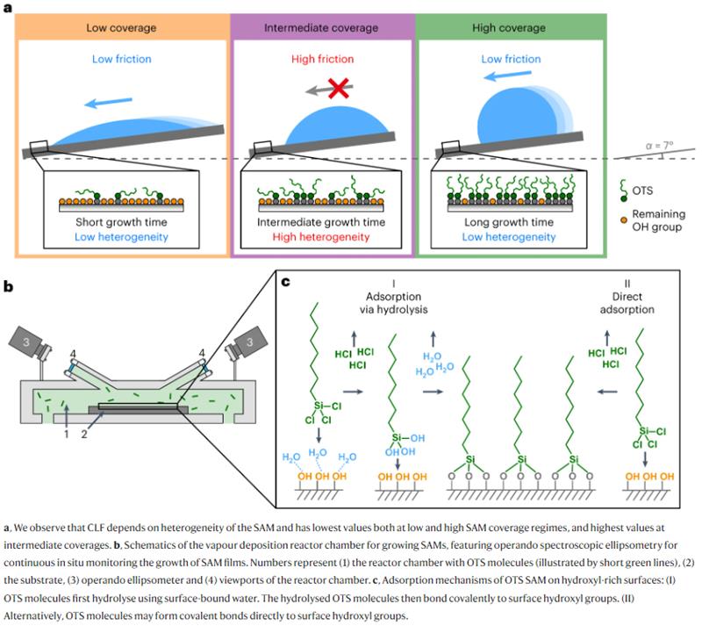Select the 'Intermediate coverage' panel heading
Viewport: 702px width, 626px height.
(x=321, y=28)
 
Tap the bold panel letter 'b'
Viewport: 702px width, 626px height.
(x=8, y=285)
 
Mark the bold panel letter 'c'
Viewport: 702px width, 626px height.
(x=283, y=283)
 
